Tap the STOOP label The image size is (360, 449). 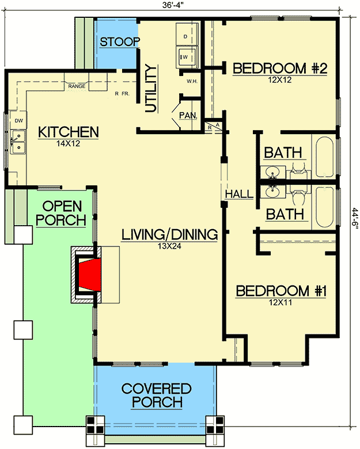120,42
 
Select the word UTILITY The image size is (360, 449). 150,89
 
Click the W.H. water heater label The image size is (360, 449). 192,81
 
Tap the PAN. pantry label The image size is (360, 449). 188,115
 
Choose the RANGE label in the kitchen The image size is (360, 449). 77,86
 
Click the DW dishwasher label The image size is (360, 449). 19,121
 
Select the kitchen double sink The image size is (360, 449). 18,142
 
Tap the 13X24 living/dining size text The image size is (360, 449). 169,246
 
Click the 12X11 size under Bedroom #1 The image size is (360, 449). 281,302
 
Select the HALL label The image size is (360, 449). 240,194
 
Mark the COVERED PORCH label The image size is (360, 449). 157,395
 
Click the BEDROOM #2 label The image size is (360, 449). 280,69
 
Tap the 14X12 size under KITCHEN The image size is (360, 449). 68,143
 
